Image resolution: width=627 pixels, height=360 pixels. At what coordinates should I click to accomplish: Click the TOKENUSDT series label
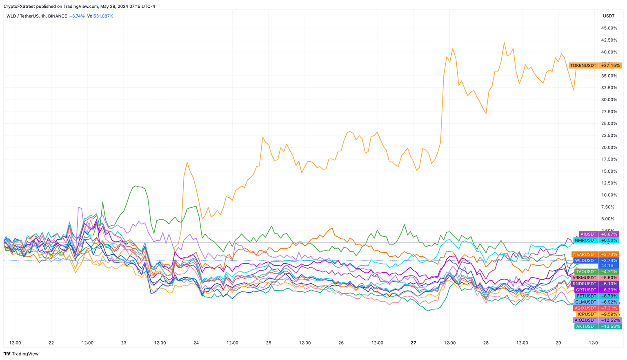pyautogui.click(x=583, y=65)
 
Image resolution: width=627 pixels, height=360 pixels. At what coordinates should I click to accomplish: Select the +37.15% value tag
pyautogui.click(x=610, y=65)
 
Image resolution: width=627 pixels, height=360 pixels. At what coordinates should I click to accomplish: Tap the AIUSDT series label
pyautogui.click(x=588, y=234)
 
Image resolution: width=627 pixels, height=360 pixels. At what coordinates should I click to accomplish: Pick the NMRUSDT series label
pyautogui.click(x=585, y=240)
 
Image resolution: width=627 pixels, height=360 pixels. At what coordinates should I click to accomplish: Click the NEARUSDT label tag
pyautogui.click(x=585, y=254)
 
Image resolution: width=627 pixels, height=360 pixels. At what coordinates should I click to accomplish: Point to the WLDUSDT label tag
pyautogui.click(x=585, y=260)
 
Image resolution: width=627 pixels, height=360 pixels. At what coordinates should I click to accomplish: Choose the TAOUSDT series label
pyautogui.click(x=586, y=271)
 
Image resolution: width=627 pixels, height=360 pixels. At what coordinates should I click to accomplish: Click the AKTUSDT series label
pyautogui.click(x=586, y=326)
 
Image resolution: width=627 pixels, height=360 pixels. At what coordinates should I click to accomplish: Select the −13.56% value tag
pyautogui.click(x=610, y=326)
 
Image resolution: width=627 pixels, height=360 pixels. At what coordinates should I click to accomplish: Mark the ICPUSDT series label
pyautogui.click(x=587, y=314)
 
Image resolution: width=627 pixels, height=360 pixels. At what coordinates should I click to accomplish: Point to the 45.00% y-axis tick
pyautogui.click(x=609, y=28)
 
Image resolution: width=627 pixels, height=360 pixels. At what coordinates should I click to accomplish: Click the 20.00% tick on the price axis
pyautogui.click(x=609, y=147)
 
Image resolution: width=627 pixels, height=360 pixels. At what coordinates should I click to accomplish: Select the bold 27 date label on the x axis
pyautogui.click(x=414, y=343)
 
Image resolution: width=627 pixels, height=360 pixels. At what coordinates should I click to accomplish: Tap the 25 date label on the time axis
pyautogui.click(x=269, y=343)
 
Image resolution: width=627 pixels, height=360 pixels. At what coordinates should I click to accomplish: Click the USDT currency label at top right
pyautogui.click(x=609, y=16)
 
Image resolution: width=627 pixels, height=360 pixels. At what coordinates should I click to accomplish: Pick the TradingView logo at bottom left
pyautogui.click(x=21, y=354)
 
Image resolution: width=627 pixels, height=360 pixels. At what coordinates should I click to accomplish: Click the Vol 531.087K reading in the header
pyautogui.click(x=100, y=16)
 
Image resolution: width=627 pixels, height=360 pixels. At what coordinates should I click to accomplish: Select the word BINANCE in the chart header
pyautogui.click(x=57, y=16)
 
